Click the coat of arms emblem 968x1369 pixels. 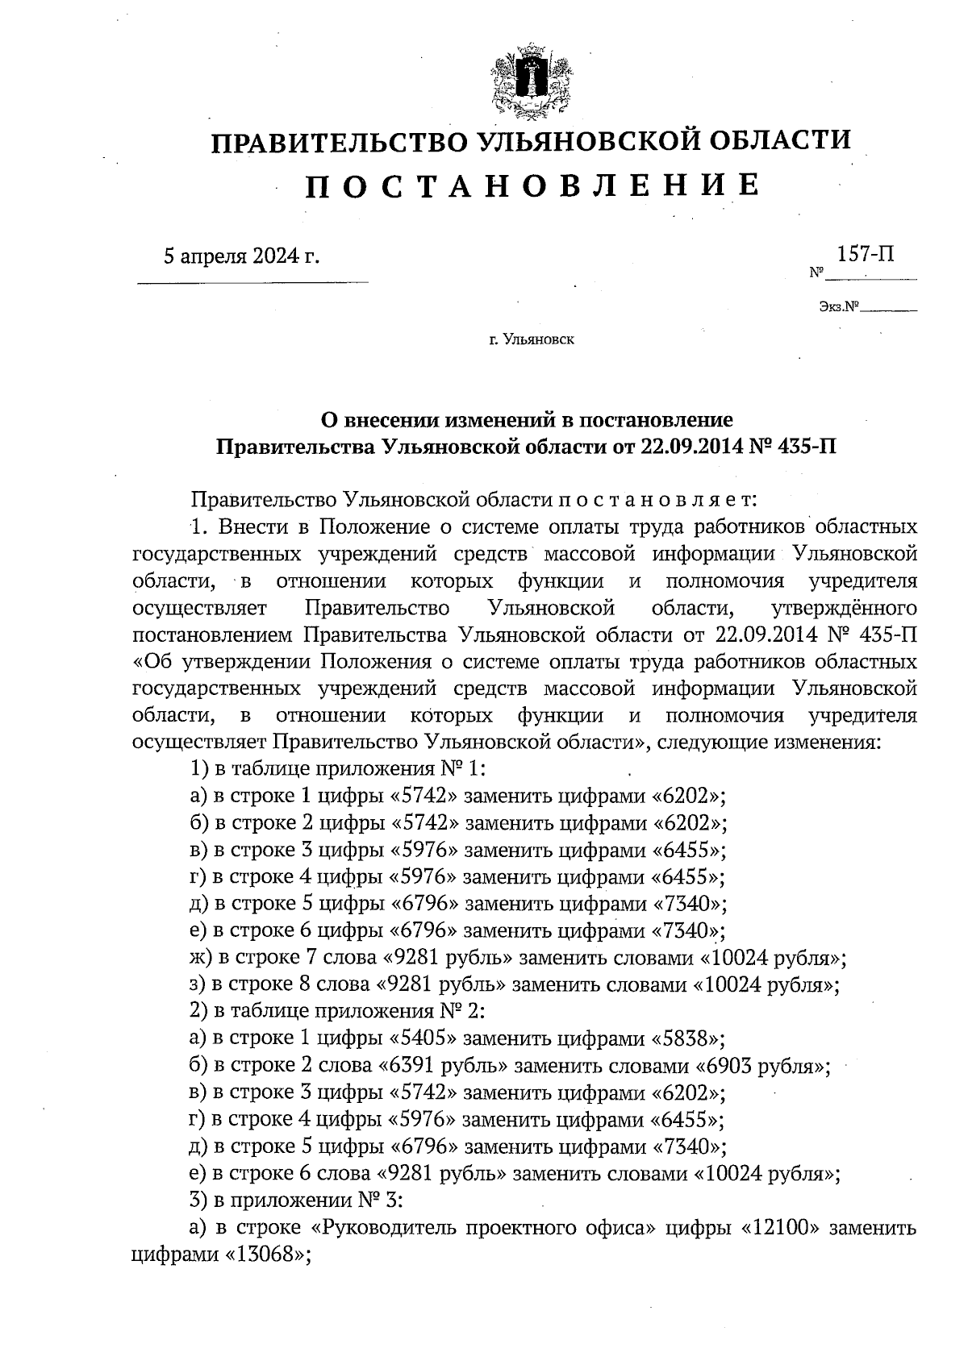[x=530, y=81]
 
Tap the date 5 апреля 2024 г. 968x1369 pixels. [x=241, y=256]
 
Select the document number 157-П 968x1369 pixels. [x=866, y=255]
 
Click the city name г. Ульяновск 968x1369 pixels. [x=531, y=340]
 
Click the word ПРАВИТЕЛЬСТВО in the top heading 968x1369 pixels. [x=337, y=142]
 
